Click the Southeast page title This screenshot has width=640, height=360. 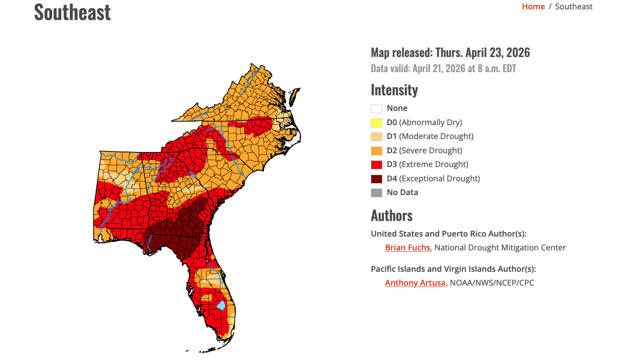point(72,12)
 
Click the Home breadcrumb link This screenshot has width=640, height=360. point(533,6)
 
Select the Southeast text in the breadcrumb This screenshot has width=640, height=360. point(574,6)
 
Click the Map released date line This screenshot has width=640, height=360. point(450,53)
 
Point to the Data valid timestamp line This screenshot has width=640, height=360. point(443,69)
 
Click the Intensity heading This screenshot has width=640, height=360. point(394,90)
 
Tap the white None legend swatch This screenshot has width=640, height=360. point(377,108)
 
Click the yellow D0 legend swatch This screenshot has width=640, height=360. point(377,123)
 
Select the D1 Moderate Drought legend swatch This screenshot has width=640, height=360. point(377,136)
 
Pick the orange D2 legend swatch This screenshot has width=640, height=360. point(377,151)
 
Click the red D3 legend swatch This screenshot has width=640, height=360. point(377,165)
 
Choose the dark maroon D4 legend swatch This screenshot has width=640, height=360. point(377,179)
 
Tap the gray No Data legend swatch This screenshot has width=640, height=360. point(377,193)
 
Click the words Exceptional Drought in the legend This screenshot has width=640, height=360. point(439,179)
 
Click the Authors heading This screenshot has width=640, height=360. point(391,216)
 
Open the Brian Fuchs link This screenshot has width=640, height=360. point(407,248)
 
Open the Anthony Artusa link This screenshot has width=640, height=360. point(415,283)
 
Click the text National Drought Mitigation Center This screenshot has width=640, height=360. point(500,248)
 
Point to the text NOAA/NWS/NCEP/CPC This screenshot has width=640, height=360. point(492,283)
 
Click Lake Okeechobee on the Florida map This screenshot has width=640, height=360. point(221,306)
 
